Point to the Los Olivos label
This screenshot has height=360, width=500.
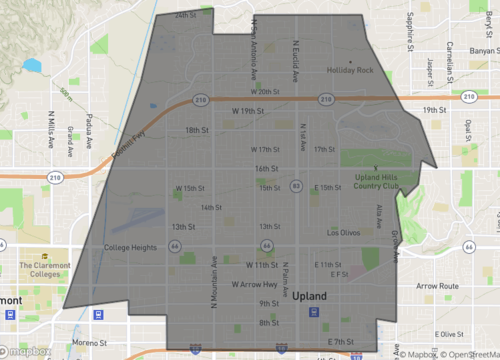(344, 232)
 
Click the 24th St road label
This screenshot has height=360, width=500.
(185, 16)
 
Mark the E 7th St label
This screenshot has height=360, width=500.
(341, 343)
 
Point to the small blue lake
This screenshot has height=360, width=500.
(32, 66)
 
